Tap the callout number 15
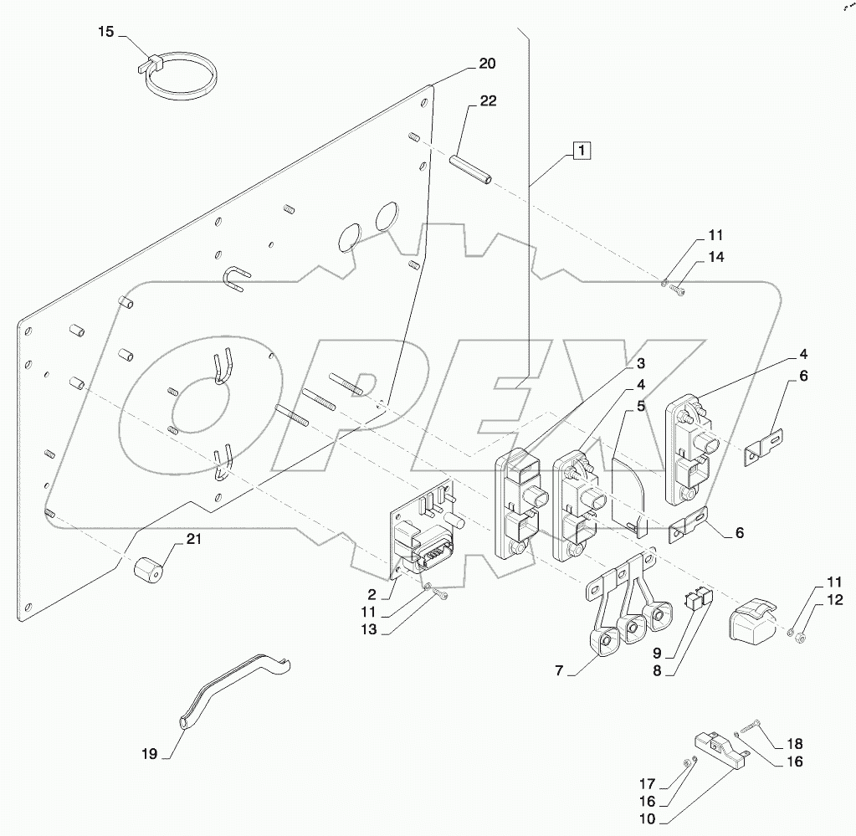tap(105, 32)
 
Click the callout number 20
tap(487, 64)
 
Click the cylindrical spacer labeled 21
tap(149, 572)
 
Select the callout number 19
tap(149, 753)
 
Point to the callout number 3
tap(639, 363)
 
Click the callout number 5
tap(639, 406)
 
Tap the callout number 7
tap(559, 671)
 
